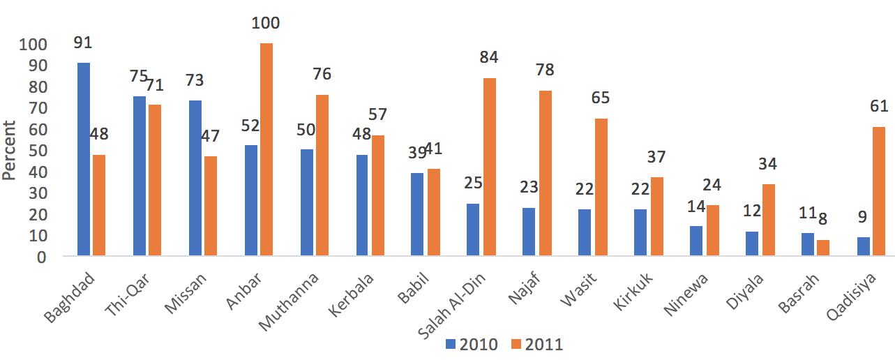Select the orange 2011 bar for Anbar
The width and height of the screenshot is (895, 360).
266,150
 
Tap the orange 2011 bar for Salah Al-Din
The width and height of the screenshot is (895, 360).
489,167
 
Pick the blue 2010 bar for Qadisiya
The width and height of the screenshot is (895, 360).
864,247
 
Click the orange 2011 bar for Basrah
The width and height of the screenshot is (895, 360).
823,248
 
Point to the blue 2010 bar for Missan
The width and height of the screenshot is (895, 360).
195,179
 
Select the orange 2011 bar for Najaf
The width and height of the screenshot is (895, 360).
545,174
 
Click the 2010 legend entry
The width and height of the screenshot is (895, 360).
472,344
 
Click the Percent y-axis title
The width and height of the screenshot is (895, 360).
9,150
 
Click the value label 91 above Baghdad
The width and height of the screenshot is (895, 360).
83,43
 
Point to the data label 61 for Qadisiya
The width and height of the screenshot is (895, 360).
878,107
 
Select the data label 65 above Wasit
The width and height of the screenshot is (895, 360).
601,98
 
